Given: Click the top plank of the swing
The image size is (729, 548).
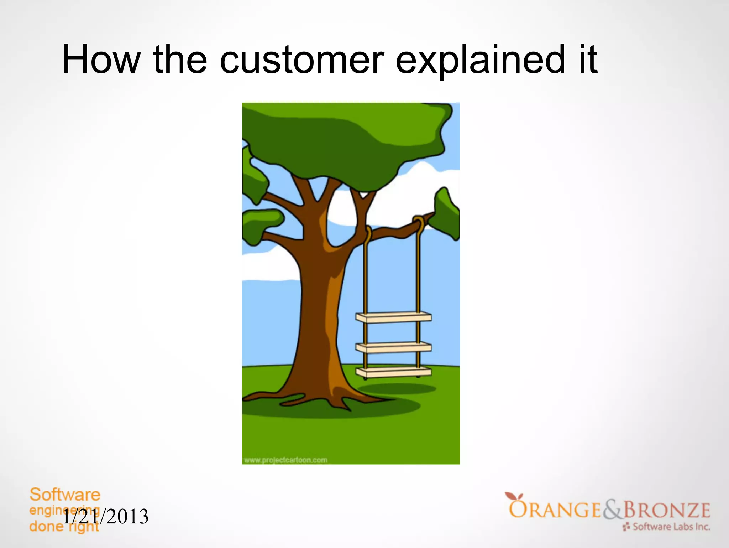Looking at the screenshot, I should pyautogui.click(x=393, y=317).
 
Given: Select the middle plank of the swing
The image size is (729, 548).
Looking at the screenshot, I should pyautogui.click(x=393, y=347).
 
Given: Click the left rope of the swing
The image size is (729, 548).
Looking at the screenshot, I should pyautogui.click(x=365, y=278).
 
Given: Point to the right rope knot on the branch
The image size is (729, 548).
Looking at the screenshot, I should pyautogui.click(x=418, y=223).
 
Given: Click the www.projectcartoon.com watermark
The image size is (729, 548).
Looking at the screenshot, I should pyautogui.click(x=285, y=460).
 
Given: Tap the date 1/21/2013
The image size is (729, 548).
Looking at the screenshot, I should pyautogui.click(x=105, y=517).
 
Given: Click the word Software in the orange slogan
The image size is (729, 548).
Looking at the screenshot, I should pyautogui.click(x=65, y=495).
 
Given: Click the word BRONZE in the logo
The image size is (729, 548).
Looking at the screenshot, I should pyautogui.click(x=667, y=510).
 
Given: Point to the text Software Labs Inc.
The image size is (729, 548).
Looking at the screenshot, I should pyautogui.click(x=671, y=527).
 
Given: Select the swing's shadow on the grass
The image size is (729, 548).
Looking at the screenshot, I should pyautogui.click(x=397, y=388).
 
